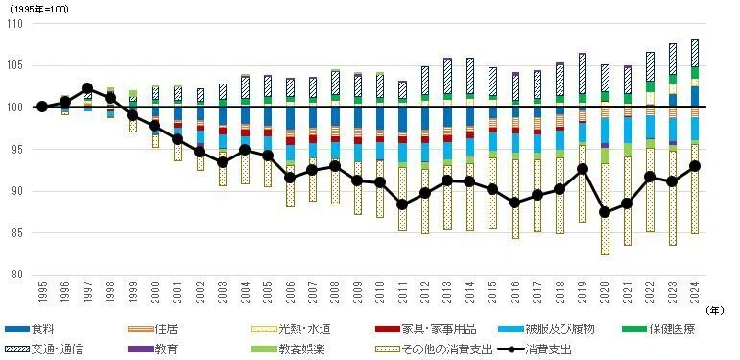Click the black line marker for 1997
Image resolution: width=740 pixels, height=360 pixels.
[87, 88]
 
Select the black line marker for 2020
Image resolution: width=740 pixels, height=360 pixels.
[604, 212]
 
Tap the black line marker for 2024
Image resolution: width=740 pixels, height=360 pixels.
[694, 166]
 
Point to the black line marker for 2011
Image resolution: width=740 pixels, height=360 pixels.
[402, 204]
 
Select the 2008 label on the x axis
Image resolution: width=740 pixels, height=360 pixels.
[335, 292]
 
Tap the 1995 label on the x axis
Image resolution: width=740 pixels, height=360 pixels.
[42, 292]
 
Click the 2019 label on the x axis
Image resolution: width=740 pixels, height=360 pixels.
[582, 292]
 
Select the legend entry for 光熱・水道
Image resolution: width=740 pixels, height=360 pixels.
[291, 329]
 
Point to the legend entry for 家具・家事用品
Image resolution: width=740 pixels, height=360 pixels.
[425, 329]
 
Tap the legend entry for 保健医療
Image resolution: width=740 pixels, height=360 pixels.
[659, 329]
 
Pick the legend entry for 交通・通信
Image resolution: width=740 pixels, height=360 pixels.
[46, 349]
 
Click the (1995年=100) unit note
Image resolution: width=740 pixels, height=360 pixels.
[38, 10]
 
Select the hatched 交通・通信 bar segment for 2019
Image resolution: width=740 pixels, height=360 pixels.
[582, 74]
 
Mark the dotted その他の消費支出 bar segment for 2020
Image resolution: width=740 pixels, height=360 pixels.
[604, 209]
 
